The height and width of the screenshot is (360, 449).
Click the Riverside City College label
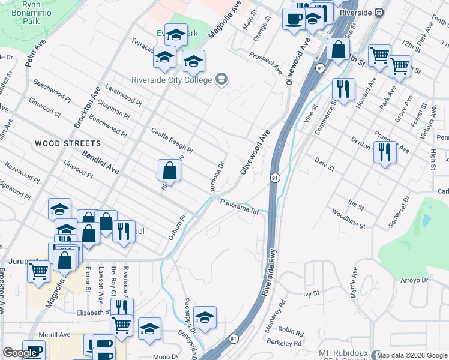coord(172,80)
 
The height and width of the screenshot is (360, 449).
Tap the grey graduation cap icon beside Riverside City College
coord(221,79)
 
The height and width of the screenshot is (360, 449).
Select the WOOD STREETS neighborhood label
coord(67,143)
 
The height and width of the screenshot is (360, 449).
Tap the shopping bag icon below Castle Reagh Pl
coord(170,170)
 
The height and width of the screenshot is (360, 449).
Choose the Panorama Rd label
coord(239,206)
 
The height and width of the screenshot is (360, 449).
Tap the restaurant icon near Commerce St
coord(343,89)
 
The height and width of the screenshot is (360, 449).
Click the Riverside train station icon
coord(379,12)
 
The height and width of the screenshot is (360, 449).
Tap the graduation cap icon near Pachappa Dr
coord(205,317)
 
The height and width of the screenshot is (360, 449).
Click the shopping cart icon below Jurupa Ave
coord(39,271)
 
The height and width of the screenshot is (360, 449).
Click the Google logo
coord(20,353)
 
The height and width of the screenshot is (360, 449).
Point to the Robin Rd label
coord(291,331)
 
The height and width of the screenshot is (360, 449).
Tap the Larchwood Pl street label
coord(123,96)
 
